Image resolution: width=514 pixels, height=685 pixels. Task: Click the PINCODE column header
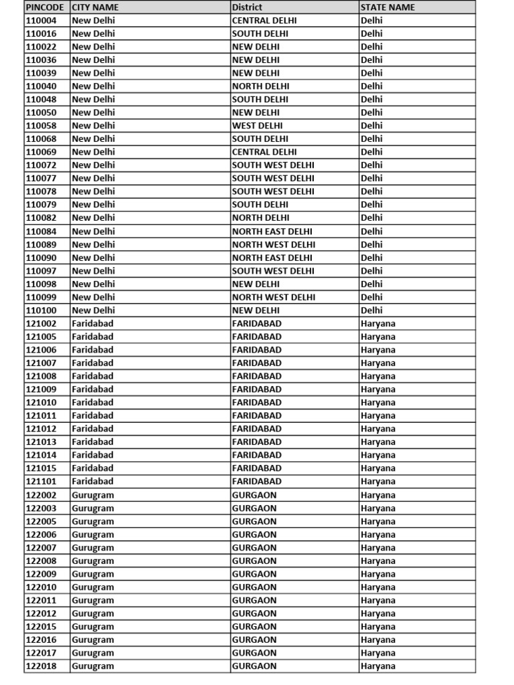[x=46, y=7]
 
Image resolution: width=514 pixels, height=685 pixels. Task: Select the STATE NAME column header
[x=388, y=7]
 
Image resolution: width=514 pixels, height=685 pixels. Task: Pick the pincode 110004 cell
[x=41, y=20]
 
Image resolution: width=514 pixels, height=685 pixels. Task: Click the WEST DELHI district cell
[x=257, y=126]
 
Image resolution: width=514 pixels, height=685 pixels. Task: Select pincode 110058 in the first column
[x=41, y=126]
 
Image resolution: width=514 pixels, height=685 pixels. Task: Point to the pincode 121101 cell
[x=41, y=482]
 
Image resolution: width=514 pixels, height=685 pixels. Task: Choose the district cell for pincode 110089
[x=273, y=244]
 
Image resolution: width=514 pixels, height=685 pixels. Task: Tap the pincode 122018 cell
[x=41, y=666]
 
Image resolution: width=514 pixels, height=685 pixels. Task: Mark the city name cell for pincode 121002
[x=92, y=323]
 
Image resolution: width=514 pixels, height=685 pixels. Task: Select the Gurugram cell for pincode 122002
[x=92, y=495]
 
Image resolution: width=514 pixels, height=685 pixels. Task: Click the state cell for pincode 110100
[x=371, y=310]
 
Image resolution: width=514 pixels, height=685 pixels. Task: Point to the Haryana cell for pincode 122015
[x=377, y=627]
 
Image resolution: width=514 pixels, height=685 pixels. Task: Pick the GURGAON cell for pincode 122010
[x=254, y=587]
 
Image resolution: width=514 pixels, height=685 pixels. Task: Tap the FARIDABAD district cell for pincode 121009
[x=256, y=389]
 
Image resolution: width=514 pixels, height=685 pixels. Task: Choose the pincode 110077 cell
[x=41, y=179]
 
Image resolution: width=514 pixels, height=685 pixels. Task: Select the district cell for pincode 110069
[x=264, y=152]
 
